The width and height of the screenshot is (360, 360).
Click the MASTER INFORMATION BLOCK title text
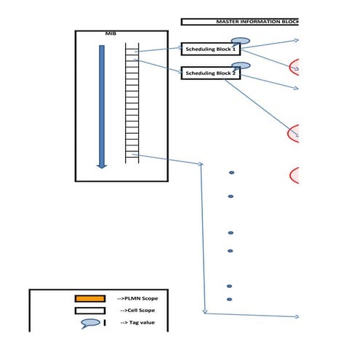pyautogui.click(x=257, y=22)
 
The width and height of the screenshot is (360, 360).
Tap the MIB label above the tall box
pyautogui.click(x=111, y=34)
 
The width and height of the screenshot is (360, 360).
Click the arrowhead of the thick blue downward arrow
pyautogui.click(x=102, y=164)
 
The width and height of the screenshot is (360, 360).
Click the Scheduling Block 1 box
pyautogui.click(x=210, y=49)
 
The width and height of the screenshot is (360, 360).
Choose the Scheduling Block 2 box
pyautogui.click(x=210, y=73)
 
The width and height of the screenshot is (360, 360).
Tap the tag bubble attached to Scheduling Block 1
pyautogui.click(x=241, y=41)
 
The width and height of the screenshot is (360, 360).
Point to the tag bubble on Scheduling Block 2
pyautogui.click(x=241, y=65)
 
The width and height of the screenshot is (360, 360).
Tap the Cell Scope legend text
pyautogui.click(x=137, y=311)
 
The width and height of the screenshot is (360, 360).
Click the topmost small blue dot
pyautogui.click(x=231, y=172)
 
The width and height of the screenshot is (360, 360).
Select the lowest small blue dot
pyautogui.click(x=229, y=299)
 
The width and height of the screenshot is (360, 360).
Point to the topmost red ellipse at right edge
pyautogui.click(x=295, y=67)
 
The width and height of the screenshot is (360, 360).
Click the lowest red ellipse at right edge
pyautogui.click(x=295, y=175)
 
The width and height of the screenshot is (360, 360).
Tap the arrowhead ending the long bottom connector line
pyautogui.click(x=297, y=316)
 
